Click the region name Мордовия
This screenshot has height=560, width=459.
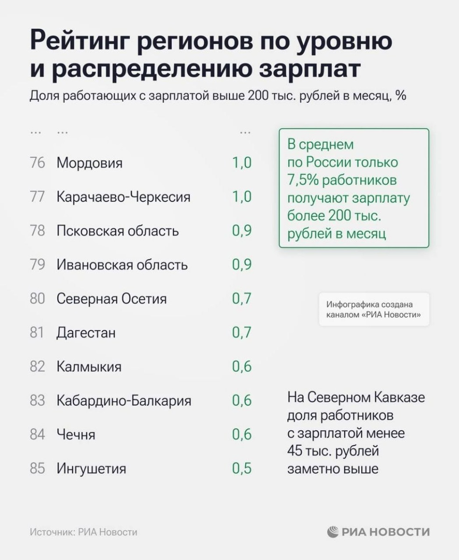click(89, 163)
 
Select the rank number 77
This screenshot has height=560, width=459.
click(37, 197)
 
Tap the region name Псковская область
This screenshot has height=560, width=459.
click(118, 231)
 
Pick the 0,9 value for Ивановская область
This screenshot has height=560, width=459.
click(242, 265)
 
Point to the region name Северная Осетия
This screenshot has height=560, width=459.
click(112, 299)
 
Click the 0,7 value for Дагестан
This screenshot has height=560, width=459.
click(242, 333)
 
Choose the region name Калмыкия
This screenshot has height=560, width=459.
click(89, 367)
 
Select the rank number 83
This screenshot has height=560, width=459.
click(37, 400)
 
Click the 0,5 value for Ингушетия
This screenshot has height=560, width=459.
click(242, 468)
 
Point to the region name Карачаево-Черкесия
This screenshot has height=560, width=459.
click(123, 197)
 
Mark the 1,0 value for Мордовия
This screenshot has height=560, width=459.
click(242, 163)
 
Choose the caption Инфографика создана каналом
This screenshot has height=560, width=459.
click(373, 309)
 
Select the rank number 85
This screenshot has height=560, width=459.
click(37, 468)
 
